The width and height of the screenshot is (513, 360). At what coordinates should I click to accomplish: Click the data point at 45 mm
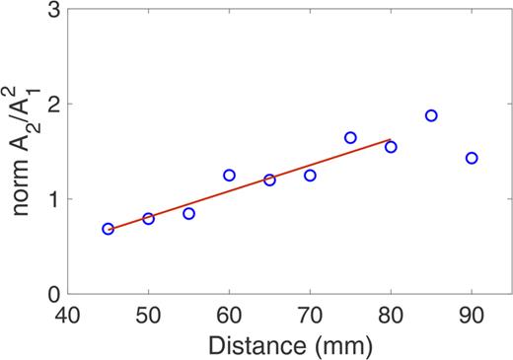(x=108, y=229)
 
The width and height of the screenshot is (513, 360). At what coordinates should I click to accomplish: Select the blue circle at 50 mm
(x=148, y=218)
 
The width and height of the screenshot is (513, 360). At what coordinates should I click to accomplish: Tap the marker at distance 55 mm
(x=188, y=213)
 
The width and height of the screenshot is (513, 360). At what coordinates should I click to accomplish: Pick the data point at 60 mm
(x=229, y=175)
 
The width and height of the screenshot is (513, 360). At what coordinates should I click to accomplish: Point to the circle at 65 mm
(x=269, y=180)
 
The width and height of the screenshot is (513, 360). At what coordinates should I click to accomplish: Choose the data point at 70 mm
(x=310, y=175)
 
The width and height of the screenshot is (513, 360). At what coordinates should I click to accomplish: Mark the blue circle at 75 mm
(x=350, y=137)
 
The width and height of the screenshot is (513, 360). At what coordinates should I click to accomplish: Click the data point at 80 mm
(x=391, y=147)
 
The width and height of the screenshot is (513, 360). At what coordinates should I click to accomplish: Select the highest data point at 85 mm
(x=431, y=115)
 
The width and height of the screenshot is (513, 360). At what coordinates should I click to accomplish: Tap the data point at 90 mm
(x=472, y=158)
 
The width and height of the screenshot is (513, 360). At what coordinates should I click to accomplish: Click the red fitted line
(x=249, y=184)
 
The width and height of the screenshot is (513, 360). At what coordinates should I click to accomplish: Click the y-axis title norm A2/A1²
(x=23, y=148)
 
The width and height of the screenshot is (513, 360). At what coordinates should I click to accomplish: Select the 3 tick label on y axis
(x=50, y=10)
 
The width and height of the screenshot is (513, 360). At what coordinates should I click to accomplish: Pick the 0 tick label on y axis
(x=50, y=294)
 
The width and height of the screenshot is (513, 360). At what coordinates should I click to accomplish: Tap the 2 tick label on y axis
(x=50, y=105)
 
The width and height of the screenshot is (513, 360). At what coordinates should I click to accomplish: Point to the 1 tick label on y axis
(x=50, y=199)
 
